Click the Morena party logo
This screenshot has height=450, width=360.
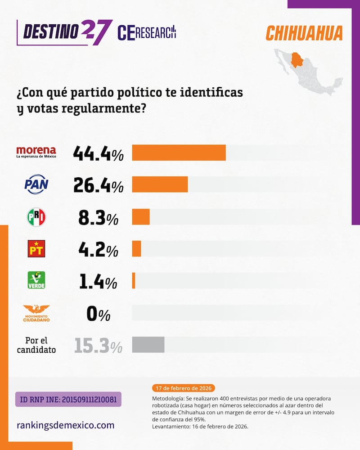coord(36,153)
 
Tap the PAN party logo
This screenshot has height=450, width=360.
coord(36,184)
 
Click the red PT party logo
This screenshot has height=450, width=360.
coord(36,248)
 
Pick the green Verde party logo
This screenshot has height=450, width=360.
coord(36,280)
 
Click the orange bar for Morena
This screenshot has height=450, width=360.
coord(179,153)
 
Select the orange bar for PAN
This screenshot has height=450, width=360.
coord(160,184)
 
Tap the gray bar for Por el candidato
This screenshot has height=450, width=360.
coord(148,344)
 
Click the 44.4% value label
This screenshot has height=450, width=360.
coord(98,154)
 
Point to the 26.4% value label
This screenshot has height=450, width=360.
coord(98,185)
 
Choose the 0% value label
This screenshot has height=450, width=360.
coord(98,314)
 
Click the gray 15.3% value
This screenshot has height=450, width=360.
coord(98,346)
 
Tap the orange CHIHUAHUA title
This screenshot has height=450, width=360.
coord(304,33)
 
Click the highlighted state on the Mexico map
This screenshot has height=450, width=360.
coord(297,59)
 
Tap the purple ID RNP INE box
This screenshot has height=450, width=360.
coord(68,400)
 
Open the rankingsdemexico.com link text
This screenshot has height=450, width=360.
coord(65,425)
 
